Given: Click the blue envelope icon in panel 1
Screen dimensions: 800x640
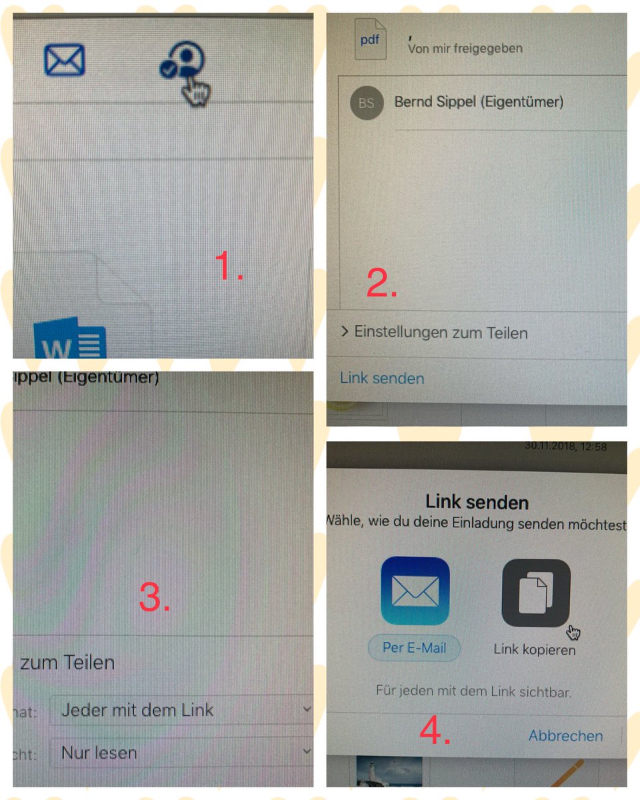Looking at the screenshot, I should [x=64, y=60].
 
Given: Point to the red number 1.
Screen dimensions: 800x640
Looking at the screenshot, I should [x=228, y=267].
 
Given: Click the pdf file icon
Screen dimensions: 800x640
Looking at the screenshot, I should [x=370, y=40].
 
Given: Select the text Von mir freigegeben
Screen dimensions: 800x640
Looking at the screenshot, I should [x=465, y=48].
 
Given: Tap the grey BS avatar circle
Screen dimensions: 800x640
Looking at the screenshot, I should [x=366, y=103].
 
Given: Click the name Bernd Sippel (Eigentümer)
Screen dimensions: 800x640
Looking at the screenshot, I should [x=479, y=102].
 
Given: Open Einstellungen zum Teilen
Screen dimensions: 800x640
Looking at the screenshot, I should [x=440, y=332].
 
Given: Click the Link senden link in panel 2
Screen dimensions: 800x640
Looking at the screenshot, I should [x=382, y=378].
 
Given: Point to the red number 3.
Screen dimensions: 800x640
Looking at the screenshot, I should [x=155, y=597].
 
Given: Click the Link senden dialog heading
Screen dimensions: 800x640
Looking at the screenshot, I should [x=477, y=502].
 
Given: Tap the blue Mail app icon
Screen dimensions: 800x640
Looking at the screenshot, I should [x=415, y=591].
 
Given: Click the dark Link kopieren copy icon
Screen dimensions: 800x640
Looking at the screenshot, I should [x=535, y=593].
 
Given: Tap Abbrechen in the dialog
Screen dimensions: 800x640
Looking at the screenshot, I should [x=565, y=735].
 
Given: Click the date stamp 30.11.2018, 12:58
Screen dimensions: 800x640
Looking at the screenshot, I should [x=565, y=447].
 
